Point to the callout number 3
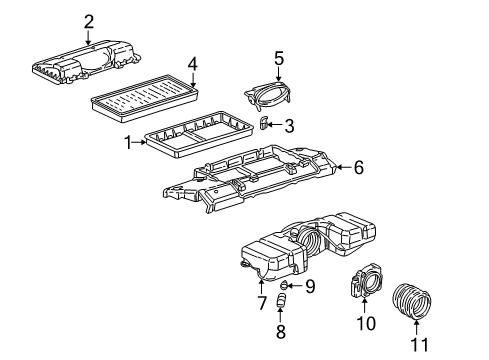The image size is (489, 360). [x=288, y=125]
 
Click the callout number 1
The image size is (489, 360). [x=128, y=143]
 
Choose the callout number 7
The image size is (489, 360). [x=263, y=302]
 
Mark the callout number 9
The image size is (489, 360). [x=309, y=287]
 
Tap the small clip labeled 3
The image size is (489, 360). [x=263, y=123]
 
